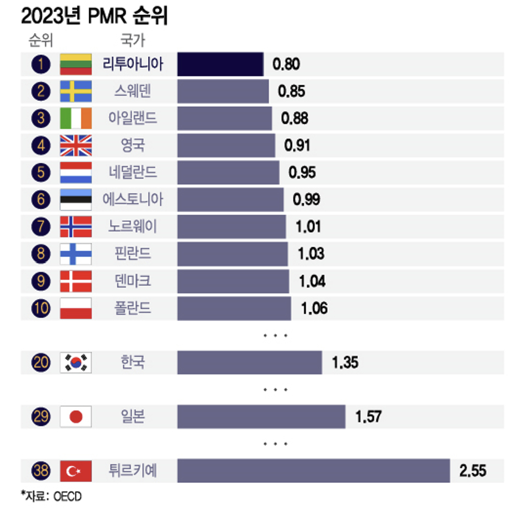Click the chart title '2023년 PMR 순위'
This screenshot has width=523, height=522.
pyautogui.click(x=94, y=17)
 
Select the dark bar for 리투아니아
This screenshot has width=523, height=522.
pyautogui.click(x=220, y=64)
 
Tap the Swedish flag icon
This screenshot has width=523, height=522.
pyautogui.click(x=75, y=91)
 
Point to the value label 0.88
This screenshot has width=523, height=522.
pyautogui.click(x=295, y=118)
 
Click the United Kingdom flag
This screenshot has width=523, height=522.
pyautogui.click(x=75, y=145)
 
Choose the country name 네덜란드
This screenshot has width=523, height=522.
pyautogui.click(x=133, y=172)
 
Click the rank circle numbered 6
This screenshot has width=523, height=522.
pyautogui.click(x=41, y=199)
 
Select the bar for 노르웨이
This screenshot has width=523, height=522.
pyautogui.click(x=231, y=226)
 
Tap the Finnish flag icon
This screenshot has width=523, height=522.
pyautogui.click(x=75, y=253)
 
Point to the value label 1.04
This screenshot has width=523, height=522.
pyautogui.click(x=312, y=281)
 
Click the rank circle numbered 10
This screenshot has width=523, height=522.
pyautogui.click(x=41, y=308)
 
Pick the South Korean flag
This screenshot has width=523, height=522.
pyautogui.click(x=75, y=362)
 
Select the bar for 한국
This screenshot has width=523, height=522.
pyautogui.click(x=249, y=362)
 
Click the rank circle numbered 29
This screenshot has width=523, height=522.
pyautogui.click(x=41, y=417)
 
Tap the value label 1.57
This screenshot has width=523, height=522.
pyautogui.click(x=368, y=417)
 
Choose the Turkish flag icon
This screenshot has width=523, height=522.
pyautogui.click(x=75, y=471)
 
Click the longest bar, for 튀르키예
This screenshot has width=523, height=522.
pyautogui.click(x=313, y=471)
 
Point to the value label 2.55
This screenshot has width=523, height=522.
pyautogui.click(x=473, y=471)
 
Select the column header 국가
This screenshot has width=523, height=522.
pyautogui.click(x=132, y=40)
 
